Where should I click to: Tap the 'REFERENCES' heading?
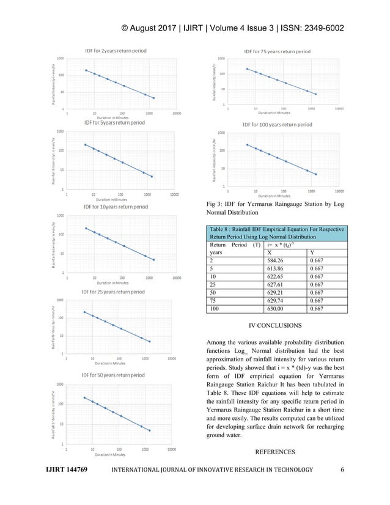pyautogui.click(x=276, y=452)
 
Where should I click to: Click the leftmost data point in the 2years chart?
pyautogui.click(x=86, y=70)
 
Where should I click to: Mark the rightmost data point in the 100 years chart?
pyautogui.click(x=315, y=174)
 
